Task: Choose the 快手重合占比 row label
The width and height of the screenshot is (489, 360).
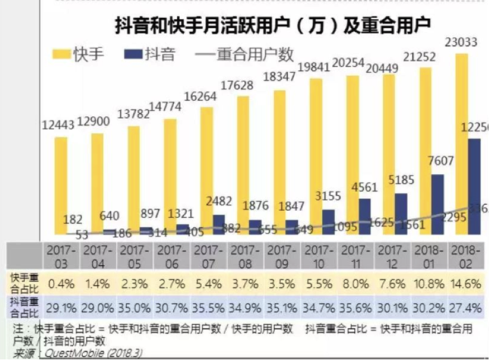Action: tap(20, 282)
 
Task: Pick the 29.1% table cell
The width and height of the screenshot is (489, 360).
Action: tap(60, 308)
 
